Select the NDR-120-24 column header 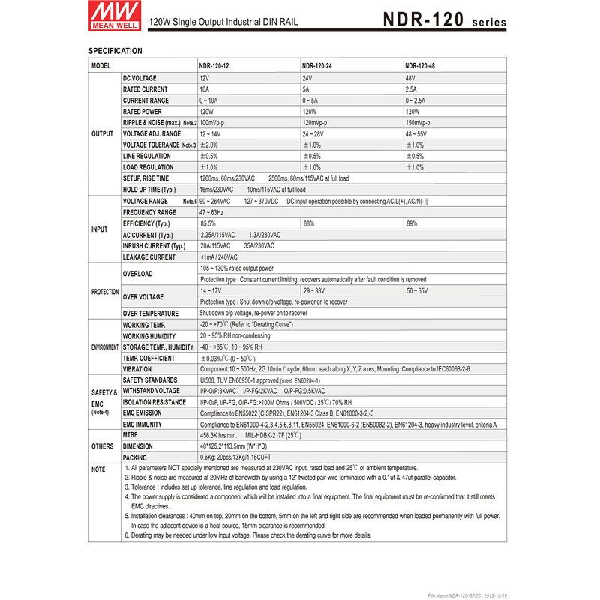(x=317, y=65)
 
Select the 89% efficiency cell (x=412, y=223)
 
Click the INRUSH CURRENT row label (x=154, y=246)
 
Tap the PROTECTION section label (x=104, y=291)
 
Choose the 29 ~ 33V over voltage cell (x=314, y=289)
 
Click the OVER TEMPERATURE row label (x=150, y=313)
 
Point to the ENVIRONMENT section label (x=104, y=348)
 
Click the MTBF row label (x=130, y=434)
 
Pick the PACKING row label (x=135, y=457)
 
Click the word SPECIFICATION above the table (x=115, y=51)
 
